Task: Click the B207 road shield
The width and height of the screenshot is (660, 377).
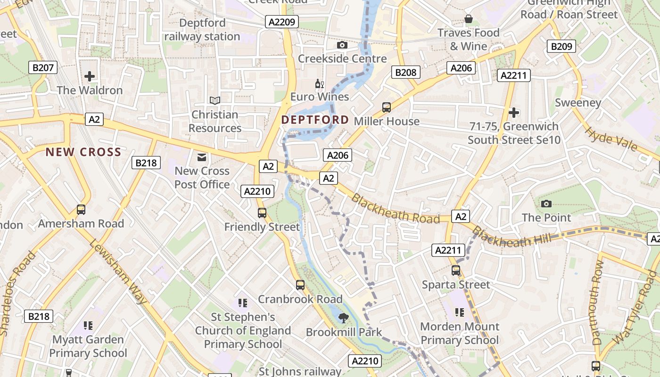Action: [x=43, y=68]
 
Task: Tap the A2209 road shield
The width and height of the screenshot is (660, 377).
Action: [x=281, y=22]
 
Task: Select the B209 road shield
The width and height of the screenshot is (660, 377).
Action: [x=561, y=46]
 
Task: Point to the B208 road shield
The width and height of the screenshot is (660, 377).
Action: [x=405, y=72]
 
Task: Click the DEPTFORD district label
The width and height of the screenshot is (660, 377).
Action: [x=315, y=120]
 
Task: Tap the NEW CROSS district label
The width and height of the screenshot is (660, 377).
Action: [x=83, y=152]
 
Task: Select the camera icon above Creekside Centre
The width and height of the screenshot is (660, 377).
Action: [x=342, y=45]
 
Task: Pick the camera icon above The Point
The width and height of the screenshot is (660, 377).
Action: [x=546, y=204]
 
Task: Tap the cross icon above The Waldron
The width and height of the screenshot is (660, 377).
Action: [x=90, y=76]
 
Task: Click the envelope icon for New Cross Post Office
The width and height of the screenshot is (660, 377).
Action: [x=202, y=157]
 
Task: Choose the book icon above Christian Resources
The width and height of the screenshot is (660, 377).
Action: [x=215, y=100]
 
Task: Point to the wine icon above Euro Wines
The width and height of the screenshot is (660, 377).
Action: [x=320, y=84]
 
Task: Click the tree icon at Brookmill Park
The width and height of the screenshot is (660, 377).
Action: [x=344, y=318]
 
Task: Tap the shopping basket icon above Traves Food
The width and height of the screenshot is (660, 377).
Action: [x=469, y=19]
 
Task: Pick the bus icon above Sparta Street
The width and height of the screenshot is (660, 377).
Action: [x=456, y=270]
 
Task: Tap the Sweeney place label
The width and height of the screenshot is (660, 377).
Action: [x=578, y=103]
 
